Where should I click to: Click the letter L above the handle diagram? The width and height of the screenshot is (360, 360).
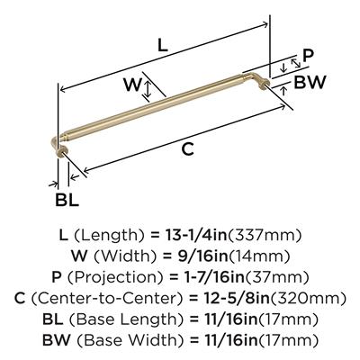click(163, 46)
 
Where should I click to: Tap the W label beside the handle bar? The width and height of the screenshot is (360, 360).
click(132, 85)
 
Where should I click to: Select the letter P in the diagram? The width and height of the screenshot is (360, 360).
click(308, 56)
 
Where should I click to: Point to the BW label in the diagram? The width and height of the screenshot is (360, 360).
click(310, 82)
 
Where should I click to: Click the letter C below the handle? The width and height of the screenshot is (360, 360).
click(188, 149)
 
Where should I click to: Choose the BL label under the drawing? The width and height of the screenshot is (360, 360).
click(67, 200)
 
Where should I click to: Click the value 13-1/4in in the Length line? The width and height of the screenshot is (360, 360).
click(196, 235)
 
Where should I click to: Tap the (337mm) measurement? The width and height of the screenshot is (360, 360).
click(265, 235)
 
